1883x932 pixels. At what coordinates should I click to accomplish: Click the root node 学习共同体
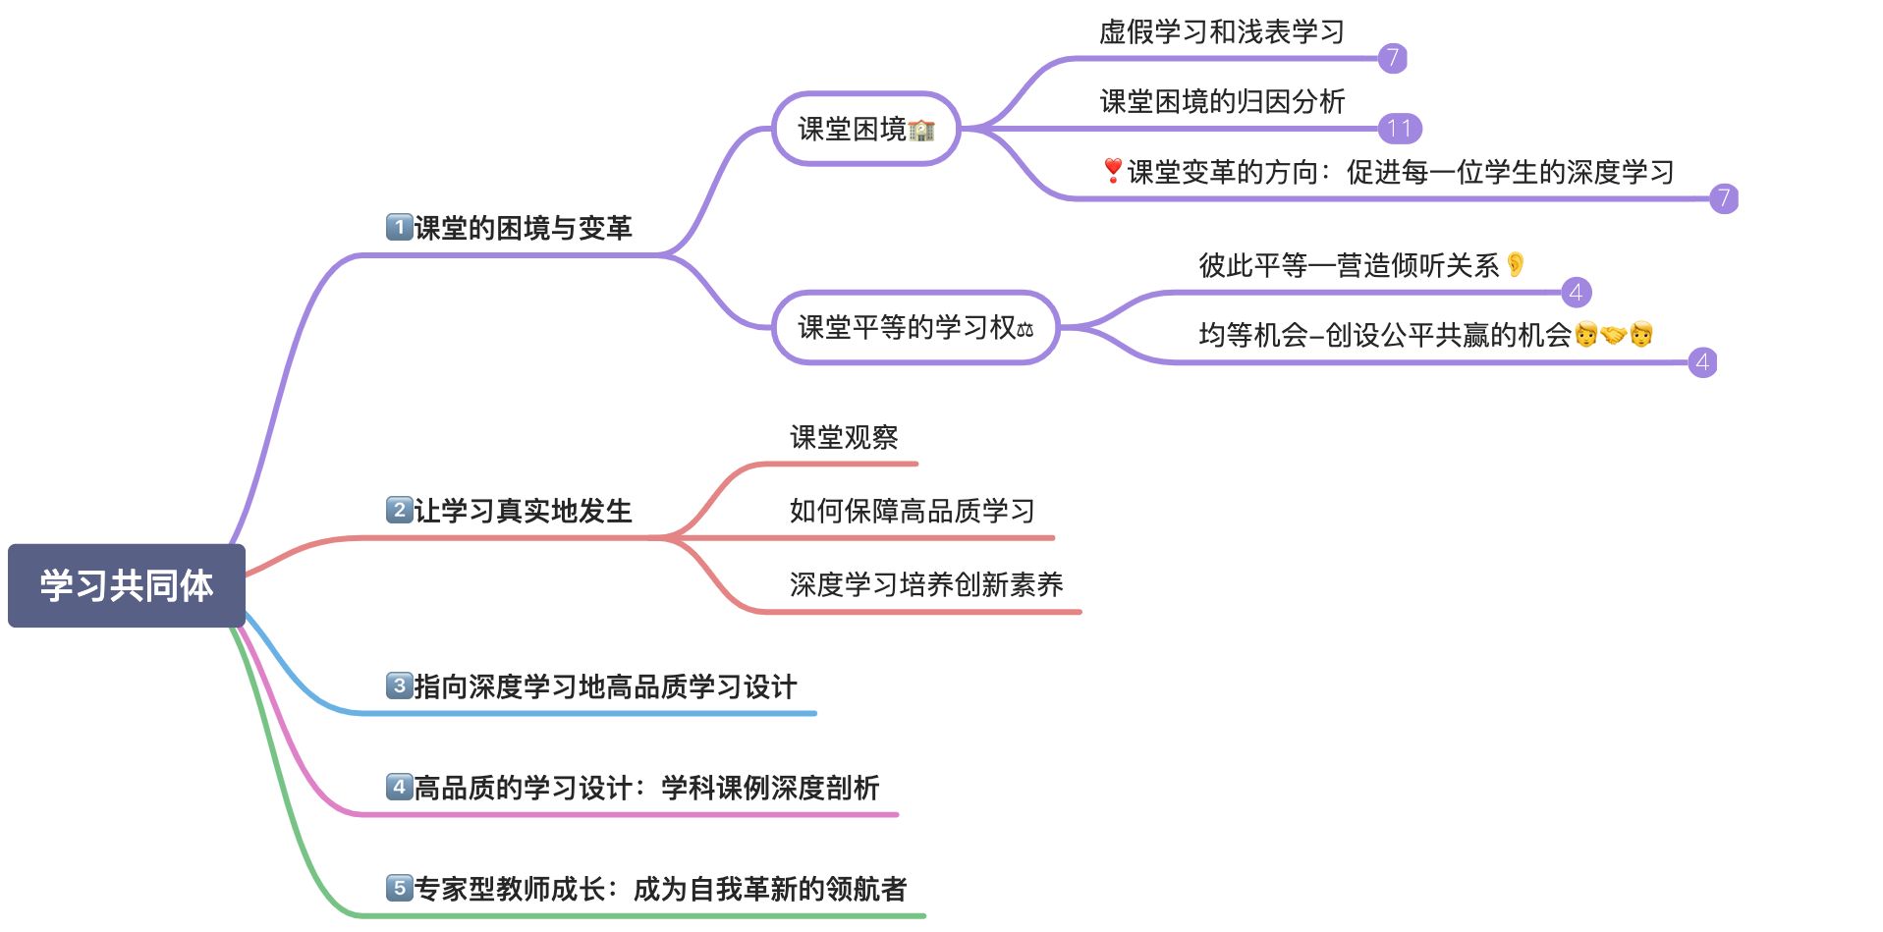point(126,585)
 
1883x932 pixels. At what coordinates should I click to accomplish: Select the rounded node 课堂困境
point(864,129)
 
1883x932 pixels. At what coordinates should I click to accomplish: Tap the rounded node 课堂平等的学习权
point(914,327)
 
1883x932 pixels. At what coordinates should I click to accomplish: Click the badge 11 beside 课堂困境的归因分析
point(1400,129)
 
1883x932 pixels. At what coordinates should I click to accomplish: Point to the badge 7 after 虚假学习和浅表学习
point(1392,58)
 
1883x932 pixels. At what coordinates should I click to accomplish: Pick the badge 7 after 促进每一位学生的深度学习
point(1723,198)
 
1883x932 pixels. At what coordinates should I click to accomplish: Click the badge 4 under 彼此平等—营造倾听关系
point(1576,292)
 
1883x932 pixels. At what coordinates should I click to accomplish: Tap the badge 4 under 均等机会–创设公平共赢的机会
point(1702,362)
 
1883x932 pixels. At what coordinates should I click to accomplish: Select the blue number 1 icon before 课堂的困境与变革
point(399,227)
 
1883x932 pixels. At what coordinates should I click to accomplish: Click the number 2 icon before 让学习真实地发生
point(399,510)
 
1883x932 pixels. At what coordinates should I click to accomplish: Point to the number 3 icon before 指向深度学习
point(399,685)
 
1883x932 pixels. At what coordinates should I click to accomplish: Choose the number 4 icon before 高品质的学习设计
point(399,787)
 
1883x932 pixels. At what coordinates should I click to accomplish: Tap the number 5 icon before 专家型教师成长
point(399,888)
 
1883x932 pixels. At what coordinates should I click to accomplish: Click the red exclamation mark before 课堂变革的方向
point(1112,171)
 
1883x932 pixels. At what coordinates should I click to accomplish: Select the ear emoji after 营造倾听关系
point(1516,264)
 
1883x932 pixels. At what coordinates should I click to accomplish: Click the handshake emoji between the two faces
point(1613,335)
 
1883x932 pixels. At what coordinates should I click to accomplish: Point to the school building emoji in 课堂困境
point(921,130)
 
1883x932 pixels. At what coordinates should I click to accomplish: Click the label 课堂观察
point(844,437)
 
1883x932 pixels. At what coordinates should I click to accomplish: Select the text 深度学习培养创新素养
point(926,584)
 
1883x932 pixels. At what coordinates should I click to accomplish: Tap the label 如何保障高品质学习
point(912,511)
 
